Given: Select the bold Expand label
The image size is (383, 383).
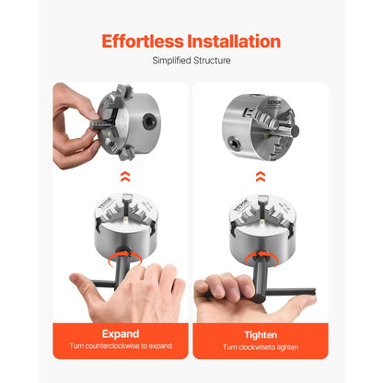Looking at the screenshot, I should point(120,333).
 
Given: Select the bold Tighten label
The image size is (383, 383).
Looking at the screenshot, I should point(261,333).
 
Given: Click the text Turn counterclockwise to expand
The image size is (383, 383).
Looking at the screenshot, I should point(120,347).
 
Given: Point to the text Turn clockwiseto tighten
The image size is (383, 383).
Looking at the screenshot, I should point(261,347).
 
